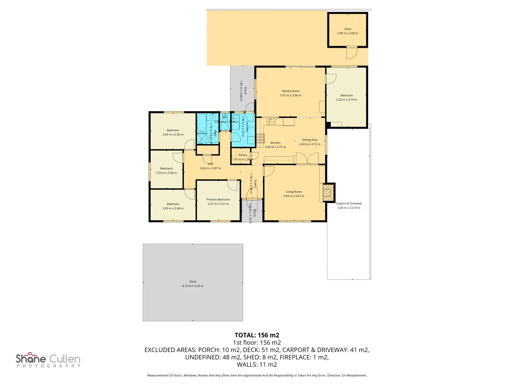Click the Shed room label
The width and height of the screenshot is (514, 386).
(347, 29)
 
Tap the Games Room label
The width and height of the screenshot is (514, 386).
(291, 91)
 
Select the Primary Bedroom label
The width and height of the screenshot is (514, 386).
(218, 199)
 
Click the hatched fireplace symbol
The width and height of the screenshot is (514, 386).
(327, 193)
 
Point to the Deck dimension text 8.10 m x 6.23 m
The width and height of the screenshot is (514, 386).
(193, 286)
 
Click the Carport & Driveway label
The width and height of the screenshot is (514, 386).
(349, 203)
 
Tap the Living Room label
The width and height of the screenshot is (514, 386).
(293, 192)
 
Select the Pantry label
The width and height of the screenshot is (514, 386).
(243, 155)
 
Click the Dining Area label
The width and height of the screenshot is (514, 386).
(309, 140)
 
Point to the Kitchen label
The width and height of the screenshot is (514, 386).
(275, 143)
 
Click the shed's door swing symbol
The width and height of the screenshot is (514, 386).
(352, 54)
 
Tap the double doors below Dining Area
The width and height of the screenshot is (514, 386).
(307, 158)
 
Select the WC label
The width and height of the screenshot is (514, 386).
(225, 117)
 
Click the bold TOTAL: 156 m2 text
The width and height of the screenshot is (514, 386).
(257, 335)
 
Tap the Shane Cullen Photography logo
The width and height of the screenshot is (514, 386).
(48, 360)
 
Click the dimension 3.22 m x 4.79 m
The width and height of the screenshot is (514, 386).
(346, 100)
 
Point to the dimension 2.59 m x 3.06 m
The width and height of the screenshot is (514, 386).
(166, 173)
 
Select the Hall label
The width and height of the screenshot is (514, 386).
(211, 164)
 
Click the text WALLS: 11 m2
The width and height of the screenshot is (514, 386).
(257, 365)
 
